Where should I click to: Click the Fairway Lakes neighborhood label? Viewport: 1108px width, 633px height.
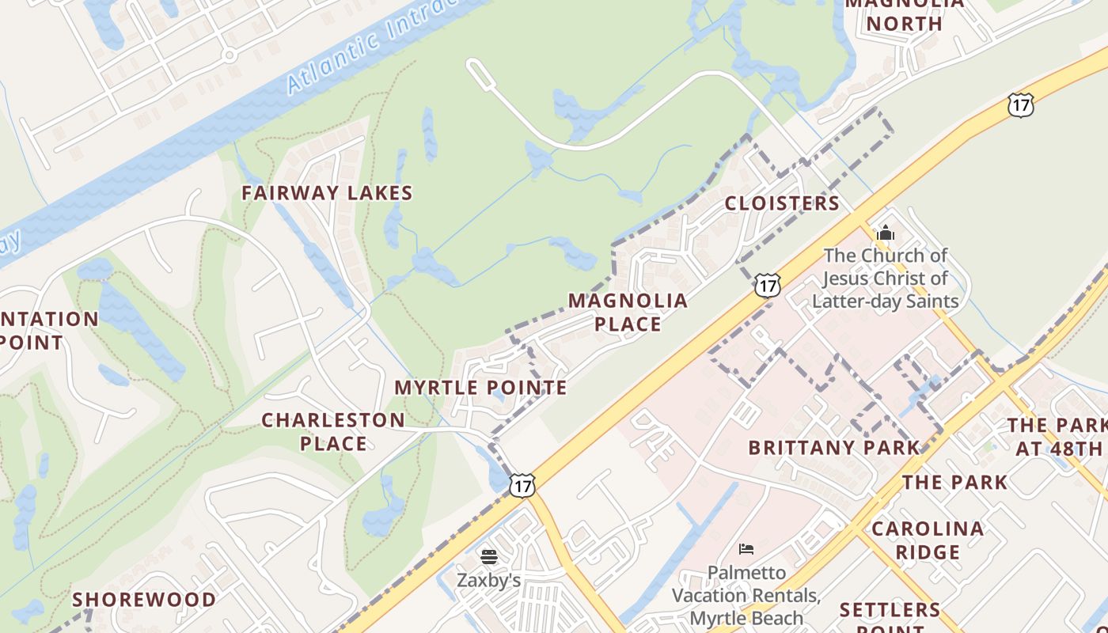point(327,193)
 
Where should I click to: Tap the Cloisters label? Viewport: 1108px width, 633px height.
point(782,203)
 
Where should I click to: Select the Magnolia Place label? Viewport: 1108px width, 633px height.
point(628,313)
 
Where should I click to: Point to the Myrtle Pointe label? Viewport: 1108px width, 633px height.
point(480,388)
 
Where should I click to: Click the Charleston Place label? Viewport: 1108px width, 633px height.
point(333,431)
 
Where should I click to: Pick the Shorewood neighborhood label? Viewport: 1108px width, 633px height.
point(144,600)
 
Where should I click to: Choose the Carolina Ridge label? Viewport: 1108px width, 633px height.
point(928,540)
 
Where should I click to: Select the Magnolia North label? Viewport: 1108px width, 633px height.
point(905,14)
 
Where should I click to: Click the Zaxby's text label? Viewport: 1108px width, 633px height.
point(488,580)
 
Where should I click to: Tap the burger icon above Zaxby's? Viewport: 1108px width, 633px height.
point(488,557)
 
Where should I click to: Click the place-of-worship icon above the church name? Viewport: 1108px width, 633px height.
point(886,233)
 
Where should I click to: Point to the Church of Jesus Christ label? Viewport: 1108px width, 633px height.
point(886,279)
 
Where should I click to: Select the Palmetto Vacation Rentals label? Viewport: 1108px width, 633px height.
point(746,595)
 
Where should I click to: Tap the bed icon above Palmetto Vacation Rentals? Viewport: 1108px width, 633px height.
point(746,548)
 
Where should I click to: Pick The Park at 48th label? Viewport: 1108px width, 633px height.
point(1057,437)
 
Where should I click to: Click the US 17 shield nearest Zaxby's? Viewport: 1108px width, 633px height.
point(522,485)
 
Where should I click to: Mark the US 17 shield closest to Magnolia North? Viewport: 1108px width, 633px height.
point(1021,105)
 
